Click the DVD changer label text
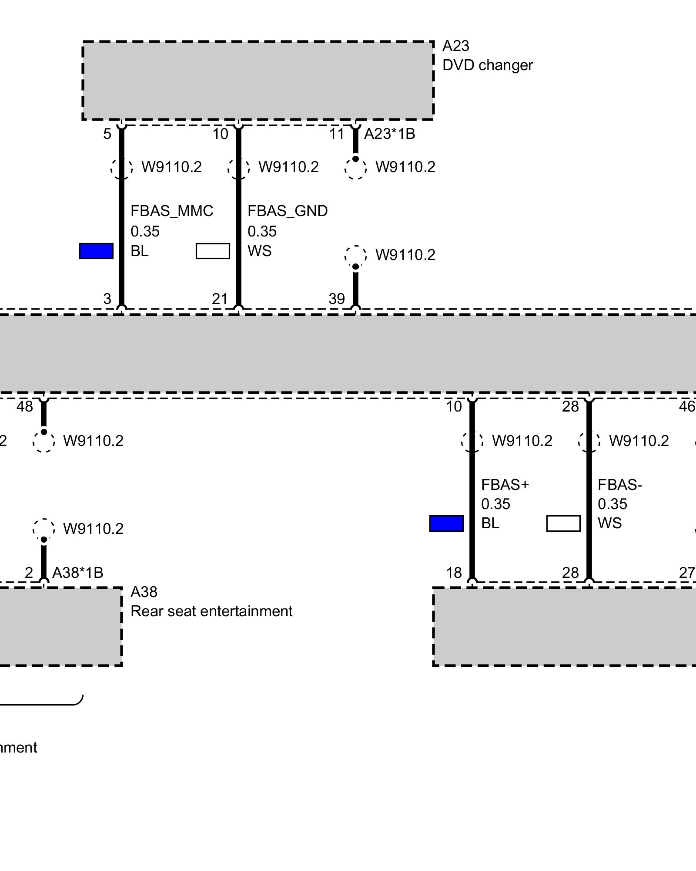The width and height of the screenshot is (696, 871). point(487,65)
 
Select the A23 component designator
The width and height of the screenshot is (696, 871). point(455,46)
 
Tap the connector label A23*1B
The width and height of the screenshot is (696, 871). point(389,134)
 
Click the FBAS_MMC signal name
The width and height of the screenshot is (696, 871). point(172,211)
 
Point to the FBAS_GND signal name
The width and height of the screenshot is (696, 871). point(288,211)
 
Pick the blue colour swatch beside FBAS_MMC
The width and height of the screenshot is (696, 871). point(96,251)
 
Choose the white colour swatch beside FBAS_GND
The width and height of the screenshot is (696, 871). point(213,251)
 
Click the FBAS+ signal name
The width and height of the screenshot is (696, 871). point(505,485)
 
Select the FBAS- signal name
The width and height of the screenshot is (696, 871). point(619,485)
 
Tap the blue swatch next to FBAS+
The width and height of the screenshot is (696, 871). point(446,523)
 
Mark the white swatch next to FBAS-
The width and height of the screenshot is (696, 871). point(563,523)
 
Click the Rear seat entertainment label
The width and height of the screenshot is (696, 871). point(211,611)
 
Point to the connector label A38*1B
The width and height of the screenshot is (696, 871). point(77,573)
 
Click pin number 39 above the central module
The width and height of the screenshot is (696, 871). point(337,299)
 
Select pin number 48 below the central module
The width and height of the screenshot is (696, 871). point(25,406)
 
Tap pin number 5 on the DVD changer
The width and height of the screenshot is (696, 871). point(107,134)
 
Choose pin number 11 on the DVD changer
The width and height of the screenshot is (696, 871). point(336,134)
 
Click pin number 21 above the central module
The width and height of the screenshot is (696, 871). point(220,299)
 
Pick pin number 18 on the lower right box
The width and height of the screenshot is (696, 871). point(454,573)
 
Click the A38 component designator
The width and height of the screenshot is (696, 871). point(144,592)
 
